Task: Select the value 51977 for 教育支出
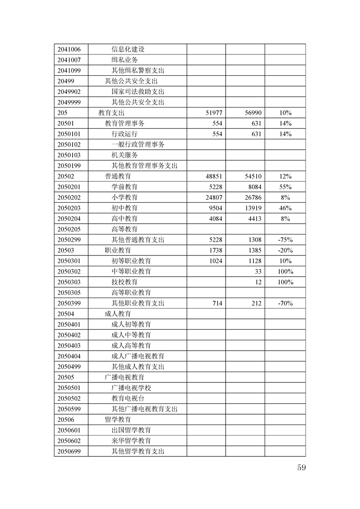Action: (x=214, y=113)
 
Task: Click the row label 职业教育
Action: (x=118, y=250)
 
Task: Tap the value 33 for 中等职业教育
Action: (x=258, y=272)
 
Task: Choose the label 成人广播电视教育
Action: (x=138, y=356)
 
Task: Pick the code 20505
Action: (x=66, y=377)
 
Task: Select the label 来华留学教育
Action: (x=131, y=441)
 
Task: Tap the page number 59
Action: (x=301, y=468)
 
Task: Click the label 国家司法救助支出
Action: (x=138, y=92)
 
